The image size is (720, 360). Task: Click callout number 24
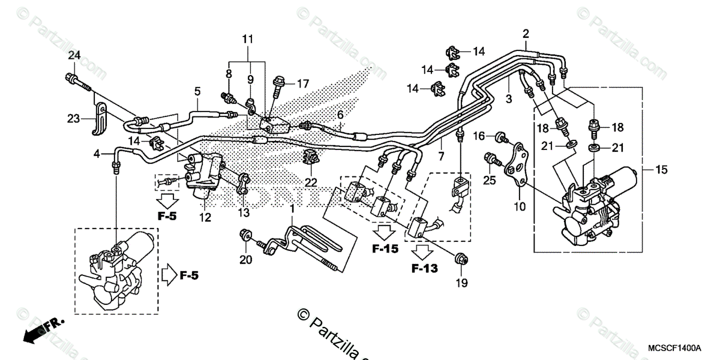(x=74, y=56)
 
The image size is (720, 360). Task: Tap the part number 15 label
(x=661, y=170)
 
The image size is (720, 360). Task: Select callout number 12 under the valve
(x=206, y=218)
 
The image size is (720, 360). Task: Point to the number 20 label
(x=245, y=260)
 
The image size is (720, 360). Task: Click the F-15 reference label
(x=385, y=248)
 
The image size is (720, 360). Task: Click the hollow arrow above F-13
(x=424, y=250)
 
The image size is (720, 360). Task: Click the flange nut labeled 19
(x=461, y=259)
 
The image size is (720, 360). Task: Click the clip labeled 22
(x=311, y=158)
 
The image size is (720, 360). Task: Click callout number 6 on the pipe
(x=340, y=115)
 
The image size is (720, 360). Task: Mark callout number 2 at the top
(x=526, y=33)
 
